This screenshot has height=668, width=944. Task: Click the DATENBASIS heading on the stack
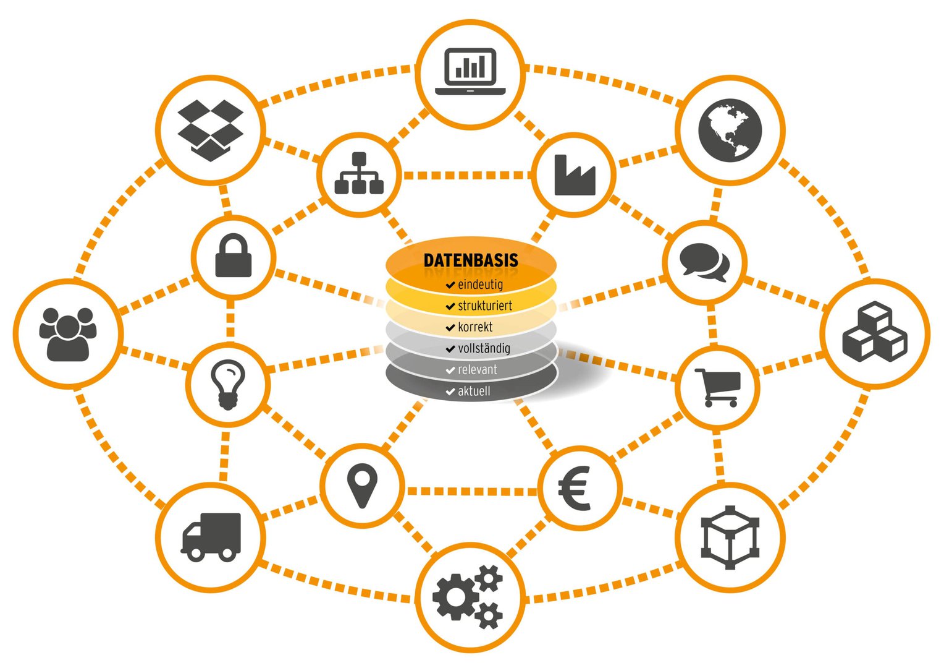(471, 260)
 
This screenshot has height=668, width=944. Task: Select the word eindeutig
(481, 285)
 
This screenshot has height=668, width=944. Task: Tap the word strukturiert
(485, 306)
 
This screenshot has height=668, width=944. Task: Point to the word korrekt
(475, 327)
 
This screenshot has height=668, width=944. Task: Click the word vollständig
(484, 349)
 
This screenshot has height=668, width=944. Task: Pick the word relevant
(478, 370)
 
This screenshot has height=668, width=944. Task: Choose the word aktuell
(474, 391)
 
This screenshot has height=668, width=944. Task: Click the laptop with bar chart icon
(470, 72)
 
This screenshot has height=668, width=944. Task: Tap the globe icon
(730, 131)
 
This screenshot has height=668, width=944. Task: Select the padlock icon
(234, 255)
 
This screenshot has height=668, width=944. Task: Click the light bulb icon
(228, 385)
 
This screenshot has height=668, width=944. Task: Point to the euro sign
(575, 488)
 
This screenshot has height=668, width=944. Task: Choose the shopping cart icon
(718, 388)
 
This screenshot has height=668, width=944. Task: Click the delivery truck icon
(211, 537)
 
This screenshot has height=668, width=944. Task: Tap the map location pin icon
(362, 486)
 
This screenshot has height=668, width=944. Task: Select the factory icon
(575, 175)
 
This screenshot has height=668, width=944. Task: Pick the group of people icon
(68, 335)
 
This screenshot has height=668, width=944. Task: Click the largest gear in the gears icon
(455, 597)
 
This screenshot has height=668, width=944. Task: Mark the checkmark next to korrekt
(450, 327)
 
